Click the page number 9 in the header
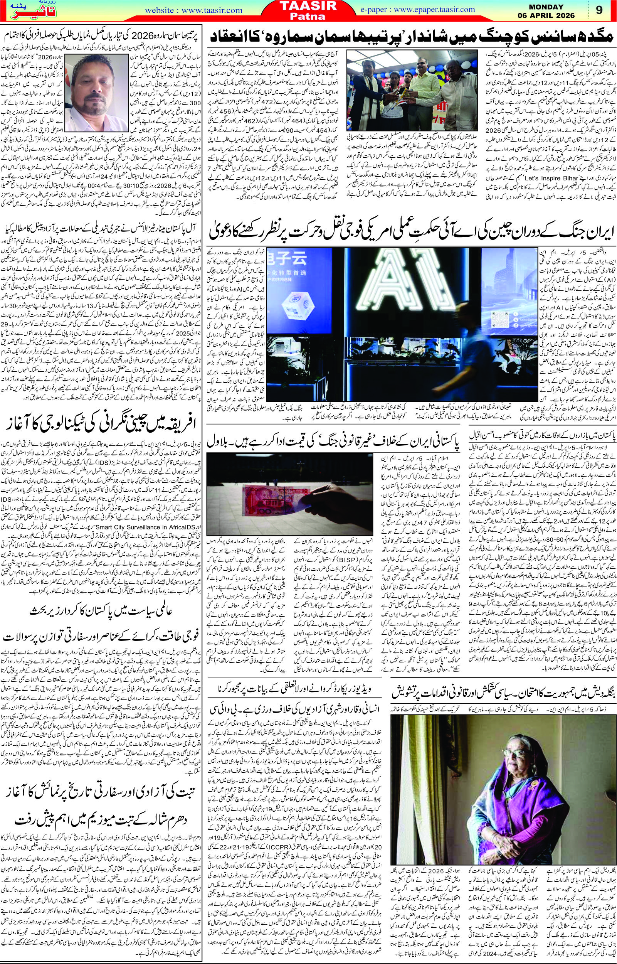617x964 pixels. (x=599, y=11)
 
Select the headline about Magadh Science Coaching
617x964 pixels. (x=407, y=37)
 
